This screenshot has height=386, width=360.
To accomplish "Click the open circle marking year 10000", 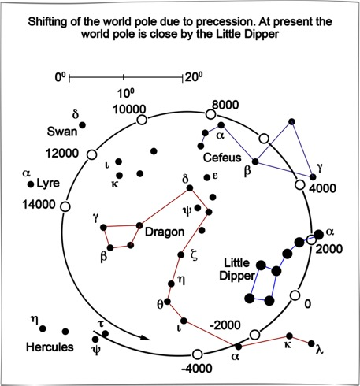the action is pyautogui.click(x=142, y=120).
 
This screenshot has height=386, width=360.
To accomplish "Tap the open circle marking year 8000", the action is pyautogui.click(x=210, y=114).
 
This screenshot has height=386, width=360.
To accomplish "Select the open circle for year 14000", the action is pyautogui.click(x=65, y=206).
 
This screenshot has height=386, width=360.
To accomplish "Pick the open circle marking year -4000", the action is pyautogui.click(x=197, y=354).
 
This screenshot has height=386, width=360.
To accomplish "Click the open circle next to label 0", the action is pyautogui.click(x=295, y=295).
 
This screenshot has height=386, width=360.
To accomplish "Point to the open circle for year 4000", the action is pyautogui.click(x=299, y=184).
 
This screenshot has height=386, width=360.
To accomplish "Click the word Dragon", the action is pyautogui.click(x=165, y=232).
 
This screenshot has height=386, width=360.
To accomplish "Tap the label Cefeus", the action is pyautogui.click(x=222, y=158).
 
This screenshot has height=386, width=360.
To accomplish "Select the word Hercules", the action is pyautogui.click(x=50, y=347).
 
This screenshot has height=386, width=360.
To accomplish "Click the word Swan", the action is pyautogui.click(x=62, y=132).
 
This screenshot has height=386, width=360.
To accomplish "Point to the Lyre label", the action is pyautogui.click(x=48, y=184).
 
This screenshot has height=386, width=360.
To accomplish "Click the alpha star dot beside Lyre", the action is pyautogui.click(x=31, y=184).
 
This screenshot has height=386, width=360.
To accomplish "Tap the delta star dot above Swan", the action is pyautogui.click(x=83, y=125).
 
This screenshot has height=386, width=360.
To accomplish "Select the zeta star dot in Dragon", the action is pyautogui.click(x=181, y=254).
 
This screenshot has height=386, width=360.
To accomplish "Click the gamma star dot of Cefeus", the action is pyautogui.click(x=313, y=176).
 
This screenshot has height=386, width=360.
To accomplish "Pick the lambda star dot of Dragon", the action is pyautogui.click(x=311, y=343).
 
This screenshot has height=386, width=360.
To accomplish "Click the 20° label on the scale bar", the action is pyautogui.click(x=194, y=77).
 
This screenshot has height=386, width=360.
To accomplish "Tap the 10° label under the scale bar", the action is pyautogui.click(x=126, y=94).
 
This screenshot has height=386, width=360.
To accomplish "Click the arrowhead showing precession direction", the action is pyautogui.click(x=144, y=337).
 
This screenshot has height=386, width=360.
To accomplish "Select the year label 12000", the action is pyautogui.click(x=62, y=153).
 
